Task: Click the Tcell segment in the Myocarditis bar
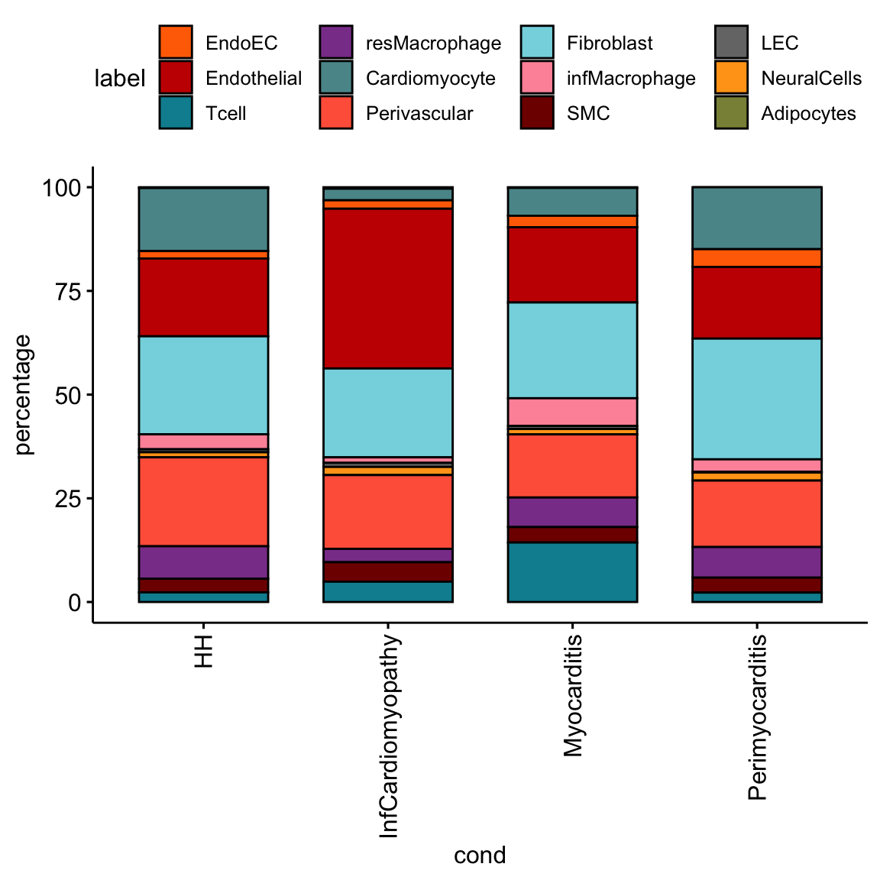click(572, 572)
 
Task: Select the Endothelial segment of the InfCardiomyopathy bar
click(388, 288)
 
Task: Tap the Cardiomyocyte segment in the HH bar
click(203, 218)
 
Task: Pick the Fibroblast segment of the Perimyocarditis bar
click(757, 398)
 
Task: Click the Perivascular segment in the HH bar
click(203, 501)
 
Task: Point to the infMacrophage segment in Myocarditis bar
click(572, 411)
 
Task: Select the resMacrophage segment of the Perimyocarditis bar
click(757, 561)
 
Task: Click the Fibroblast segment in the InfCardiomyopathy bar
click(388, 412)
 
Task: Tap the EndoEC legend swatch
click(176, 43)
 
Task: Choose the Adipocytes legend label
click(808, 114)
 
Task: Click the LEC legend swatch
click(731, 43)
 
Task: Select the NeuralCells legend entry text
click(811, 79)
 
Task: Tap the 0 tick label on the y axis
click(74, 603)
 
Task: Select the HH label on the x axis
click(203, 650)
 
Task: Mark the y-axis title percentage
click(24, 395)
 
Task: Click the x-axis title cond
click(480, 855)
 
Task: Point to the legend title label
click(119, 79)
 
